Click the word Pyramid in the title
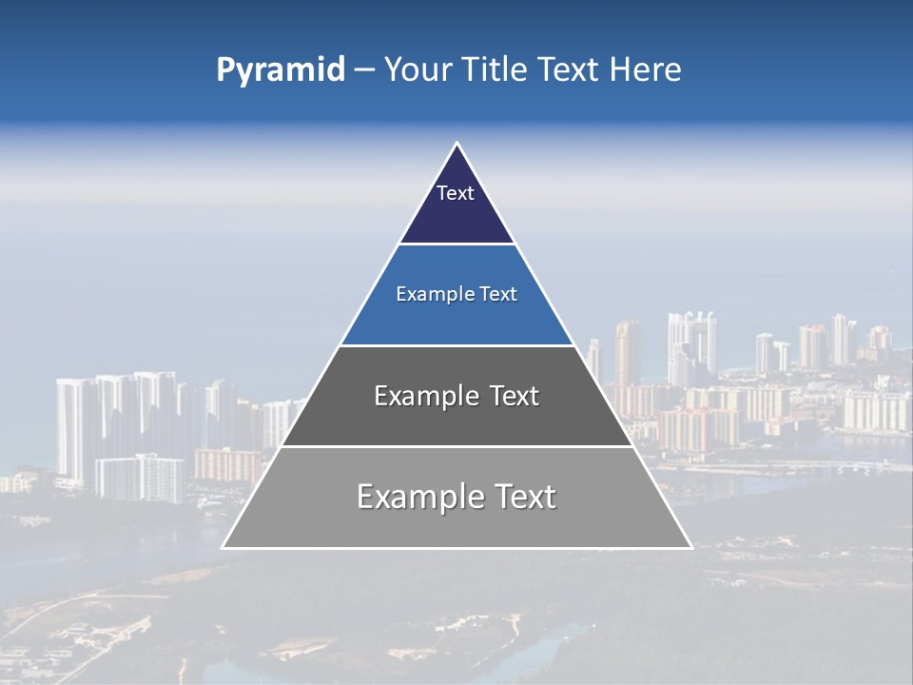click(280, 69)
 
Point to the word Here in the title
click(645, 69)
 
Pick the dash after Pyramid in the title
click(363, 70)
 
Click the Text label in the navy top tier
click(456, 193)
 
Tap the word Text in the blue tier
click(498, 294)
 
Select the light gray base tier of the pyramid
click(456, 528)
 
